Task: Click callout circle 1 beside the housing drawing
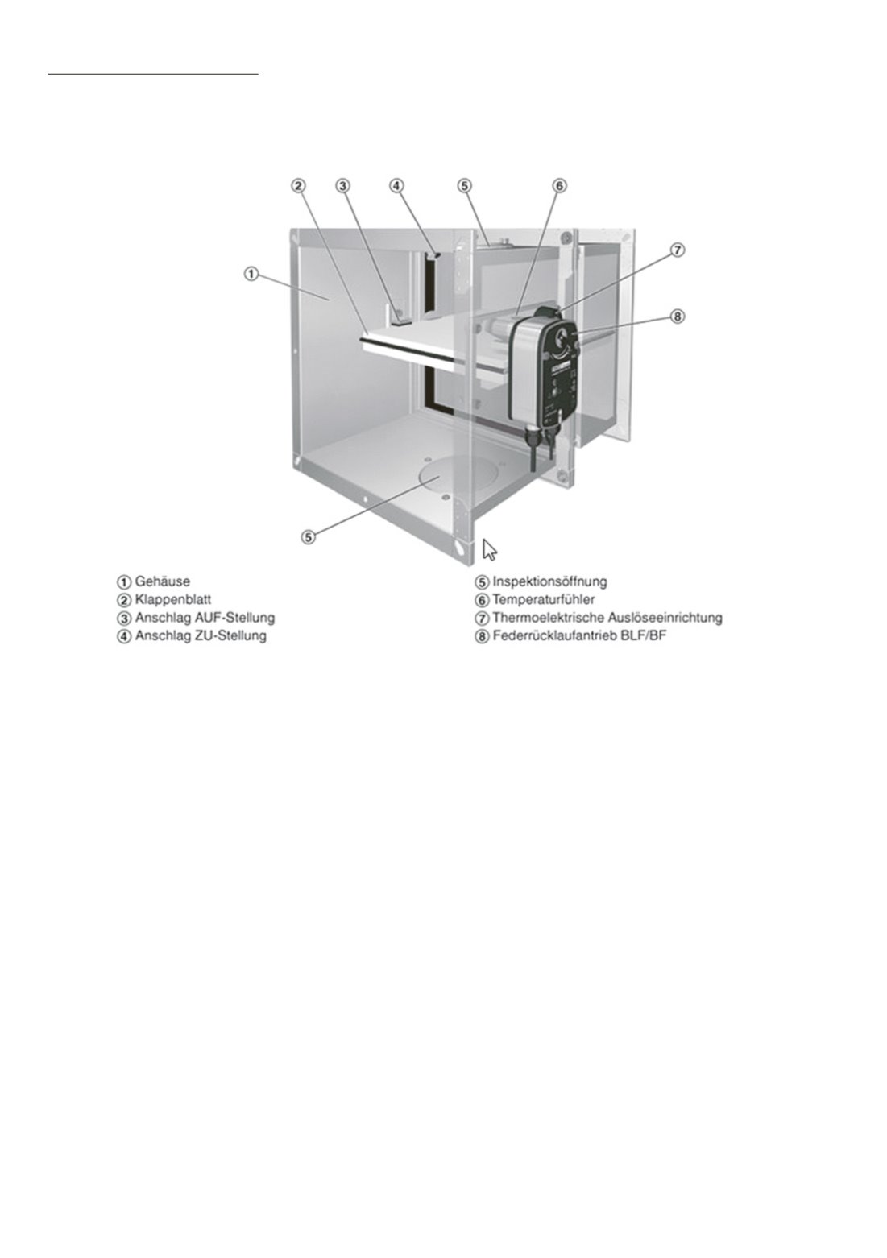251,275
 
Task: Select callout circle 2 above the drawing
298,185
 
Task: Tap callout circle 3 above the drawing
343,185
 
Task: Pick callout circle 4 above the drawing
396,185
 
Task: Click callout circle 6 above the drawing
559,185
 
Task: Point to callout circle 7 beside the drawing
678,250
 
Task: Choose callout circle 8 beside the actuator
678,317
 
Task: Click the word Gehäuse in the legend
163,581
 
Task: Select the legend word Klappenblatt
173,599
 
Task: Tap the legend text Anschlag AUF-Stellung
205,618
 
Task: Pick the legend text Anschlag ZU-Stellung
201,636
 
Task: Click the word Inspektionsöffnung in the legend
550,581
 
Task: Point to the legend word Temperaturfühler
543,599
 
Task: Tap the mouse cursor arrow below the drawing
489,549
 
